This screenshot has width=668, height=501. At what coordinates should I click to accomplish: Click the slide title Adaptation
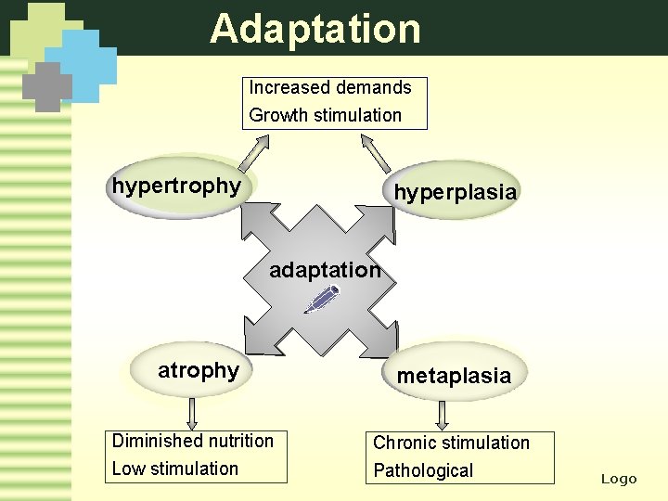pos(315,28)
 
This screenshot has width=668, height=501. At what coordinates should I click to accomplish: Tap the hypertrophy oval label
pos(176,186)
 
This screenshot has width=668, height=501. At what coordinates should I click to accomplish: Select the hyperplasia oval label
pos(455,192)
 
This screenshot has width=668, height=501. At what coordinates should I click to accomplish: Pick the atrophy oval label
pos(198,371)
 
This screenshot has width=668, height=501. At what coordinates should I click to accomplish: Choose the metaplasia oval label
pos(454,376)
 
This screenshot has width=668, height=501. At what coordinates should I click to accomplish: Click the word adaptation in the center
pos(325,271)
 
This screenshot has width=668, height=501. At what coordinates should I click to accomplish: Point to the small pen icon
pos(322,299)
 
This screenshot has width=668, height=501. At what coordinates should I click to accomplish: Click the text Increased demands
pos(329,88)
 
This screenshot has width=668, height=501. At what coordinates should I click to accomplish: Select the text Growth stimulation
pos(325,116)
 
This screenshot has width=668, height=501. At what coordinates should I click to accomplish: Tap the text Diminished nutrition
pos(192,442)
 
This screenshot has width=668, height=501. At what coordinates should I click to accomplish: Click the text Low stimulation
pos(174,469)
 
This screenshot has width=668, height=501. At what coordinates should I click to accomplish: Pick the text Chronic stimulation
pos(451,443)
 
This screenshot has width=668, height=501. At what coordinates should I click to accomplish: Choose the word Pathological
pos(423,471)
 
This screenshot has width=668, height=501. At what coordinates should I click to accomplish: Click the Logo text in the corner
pos(619,479)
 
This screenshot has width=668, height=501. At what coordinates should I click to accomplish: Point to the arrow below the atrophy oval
pos(192,413)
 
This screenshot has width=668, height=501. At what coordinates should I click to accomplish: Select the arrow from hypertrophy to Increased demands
pos(256,151)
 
